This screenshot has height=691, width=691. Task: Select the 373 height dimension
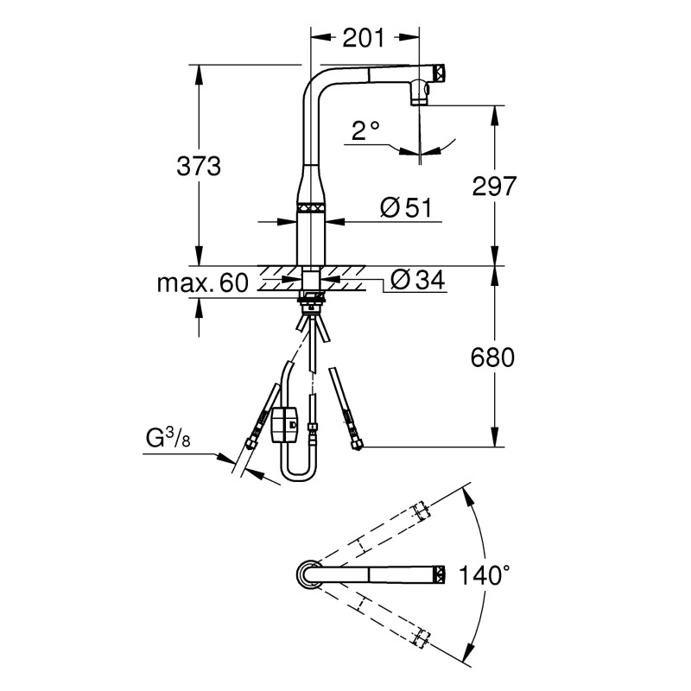pyautogui.click(x=198, y=166)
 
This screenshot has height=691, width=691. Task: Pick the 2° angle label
pyautogui.click(x=365, y=130)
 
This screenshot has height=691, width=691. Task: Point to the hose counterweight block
pyautogui.click(x=284, y=424)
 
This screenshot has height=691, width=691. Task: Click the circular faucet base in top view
pyautogui.click(x=309, y=574)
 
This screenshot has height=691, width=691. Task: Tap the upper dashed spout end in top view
pyautogui.click(x=422, y=509)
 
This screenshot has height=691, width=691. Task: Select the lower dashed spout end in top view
pyautogui.click(x=422, y=638)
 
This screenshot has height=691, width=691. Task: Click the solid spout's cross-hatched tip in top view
pyautogui.click(x=438, y=574)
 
